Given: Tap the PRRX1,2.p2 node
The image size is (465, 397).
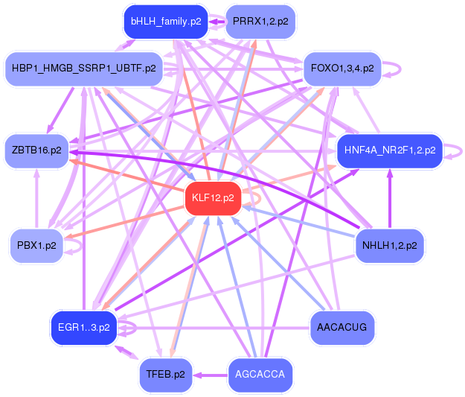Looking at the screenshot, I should [260, 22].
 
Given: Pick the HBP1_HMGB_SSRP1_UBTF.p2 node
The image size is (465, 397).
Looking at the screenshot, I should [83, 69].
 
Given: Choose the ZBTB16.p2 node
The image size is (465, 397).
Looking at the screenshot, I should [36, 150].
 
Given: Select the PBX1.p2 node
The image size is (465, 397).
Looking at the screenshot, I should [36, 245].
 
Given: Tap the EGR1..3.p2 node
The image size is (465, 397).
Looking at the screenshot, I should [83, 327].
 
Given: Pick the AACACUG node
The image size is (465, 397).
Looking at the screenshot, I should [342, 327].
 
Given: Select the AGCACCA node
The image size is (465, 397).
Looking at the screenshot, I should [260, 374].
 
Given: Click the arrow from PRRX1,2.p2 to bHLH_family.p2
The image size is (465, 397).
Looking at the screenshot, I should [217, 22].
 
